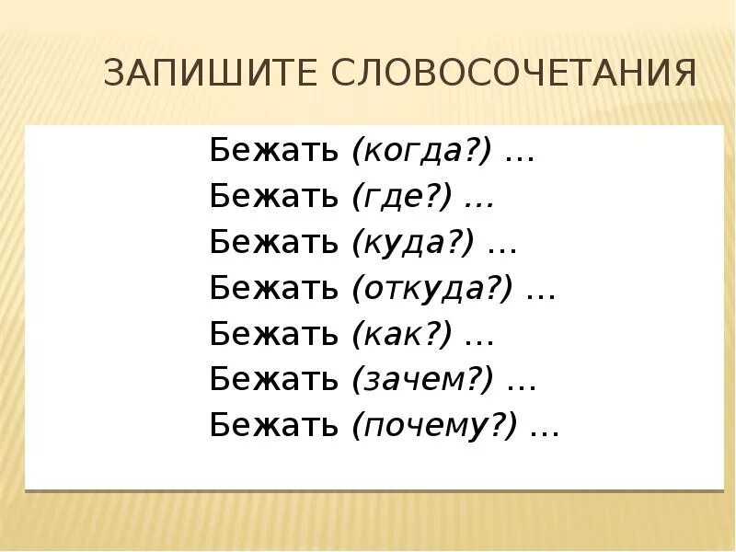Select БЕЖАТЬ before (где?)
coord(274,196)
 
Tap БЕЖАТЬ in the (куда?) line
coord(274,242)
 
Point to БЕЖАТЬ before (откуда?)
coord(274,289)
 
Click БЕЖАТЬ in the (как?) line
coord(274,335)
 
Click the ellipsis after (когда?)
coord(521,156)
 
